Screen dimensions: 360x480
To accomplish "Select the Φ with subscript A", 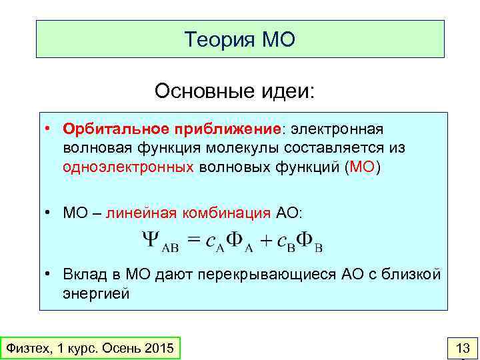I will [235, 240].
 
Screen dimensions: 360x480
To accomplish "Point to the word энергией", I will [96, 293].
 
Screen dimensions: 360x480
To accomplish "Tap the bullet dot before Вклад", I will [49, 274].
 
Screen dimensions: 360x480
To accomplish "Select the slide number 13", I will [462, 348].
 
